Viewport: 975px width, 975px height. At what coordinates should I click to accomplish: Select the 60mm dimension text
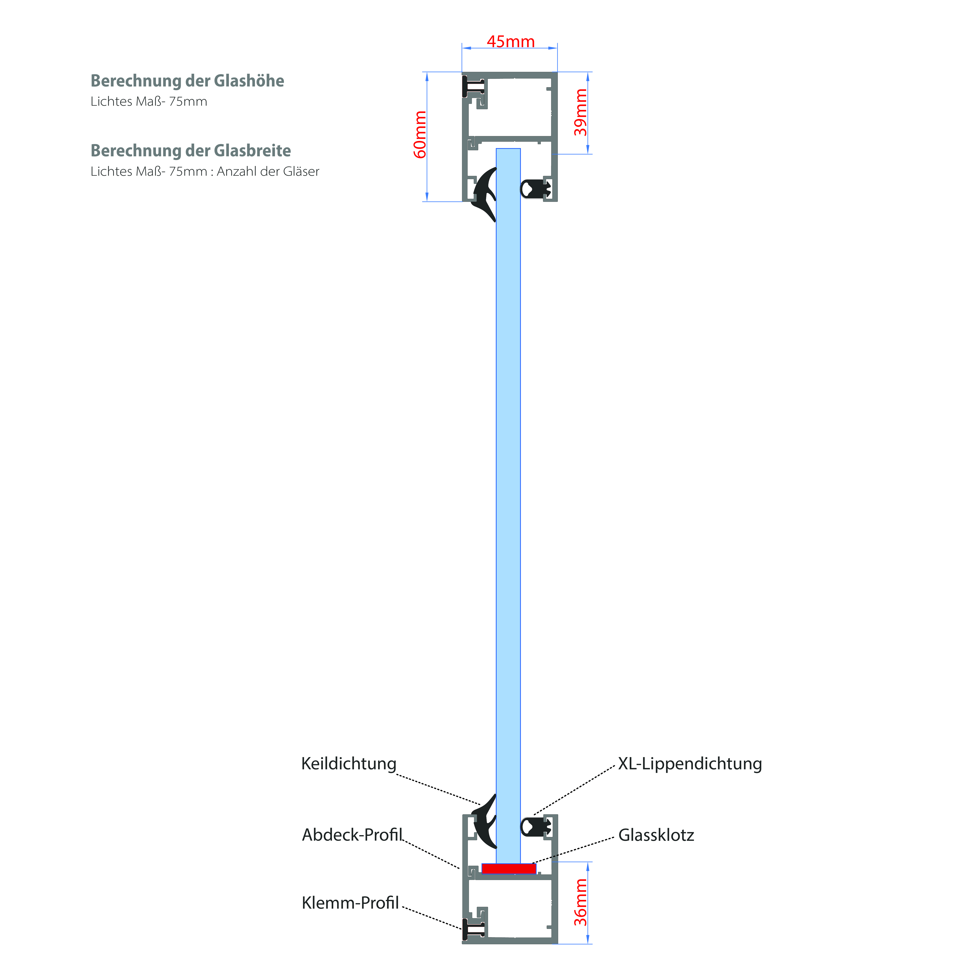coord(420,135)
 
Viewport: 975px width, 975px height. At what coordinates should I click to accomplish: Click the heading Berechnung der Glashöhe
coord(187,81)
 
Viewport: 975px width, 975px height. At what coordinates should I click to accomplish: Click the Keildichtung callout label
coord(349,763)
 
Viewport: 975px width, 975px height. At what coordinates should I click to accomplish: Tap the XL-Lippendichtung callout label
coord(690,763)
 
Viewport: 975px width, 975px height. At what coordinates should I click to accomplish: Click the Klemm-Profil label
coord(350,902)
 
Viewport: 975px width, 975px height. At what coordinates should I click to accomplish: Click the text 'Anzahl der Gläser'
coord(268,172)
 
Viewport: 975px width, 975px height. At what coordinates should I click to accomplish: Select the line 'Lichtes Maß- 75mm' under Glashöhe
coord(149,101)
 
